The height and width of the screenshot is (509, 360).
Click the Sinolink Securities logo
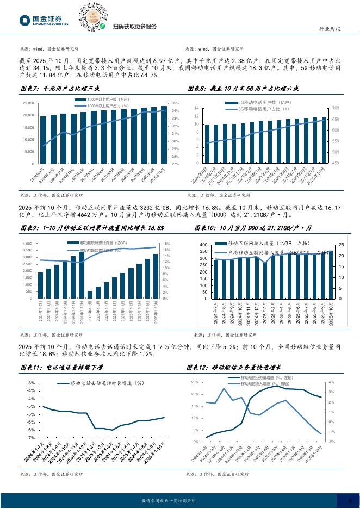click(44, 21)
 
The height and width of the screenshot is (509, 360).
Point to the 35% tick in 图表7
click(175, 103)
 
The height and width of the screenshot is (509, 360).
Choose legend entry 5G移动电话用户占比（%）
click(264, 109)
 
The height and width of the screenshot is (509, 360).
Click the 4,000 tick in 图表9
click(29, 244)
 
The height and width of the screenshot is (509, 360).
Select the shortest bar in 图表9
click(90, 294)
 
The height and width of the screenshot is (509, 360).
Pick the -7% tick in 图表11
click(32, 437)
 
